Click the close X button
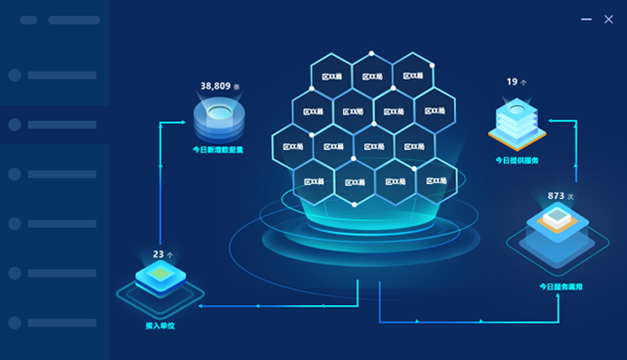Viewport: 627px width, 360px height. [608, 19]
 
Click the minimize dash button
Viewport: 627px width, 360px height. [586, 19]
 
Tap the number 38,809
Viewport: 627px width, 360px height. [217, 86]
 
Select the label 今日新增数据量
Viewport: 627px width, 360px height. [218, 150]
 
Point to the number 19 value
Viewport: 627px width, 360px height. [513, 82]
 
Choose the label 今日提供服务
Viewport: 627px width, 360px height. [517, 159]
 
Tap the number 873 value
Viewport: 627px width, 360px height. [556, 196]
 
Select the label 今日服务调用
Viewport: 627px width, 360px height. [561, 287]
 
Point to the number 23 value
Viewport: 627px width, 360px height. [158, 254]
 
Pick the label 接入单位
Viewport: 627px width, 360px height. [159, 325]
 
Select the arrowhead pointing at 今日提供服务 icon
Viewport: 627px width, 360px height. [547, 120]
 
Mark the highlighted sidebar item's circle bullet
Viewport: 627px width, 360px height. [14, 125]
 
